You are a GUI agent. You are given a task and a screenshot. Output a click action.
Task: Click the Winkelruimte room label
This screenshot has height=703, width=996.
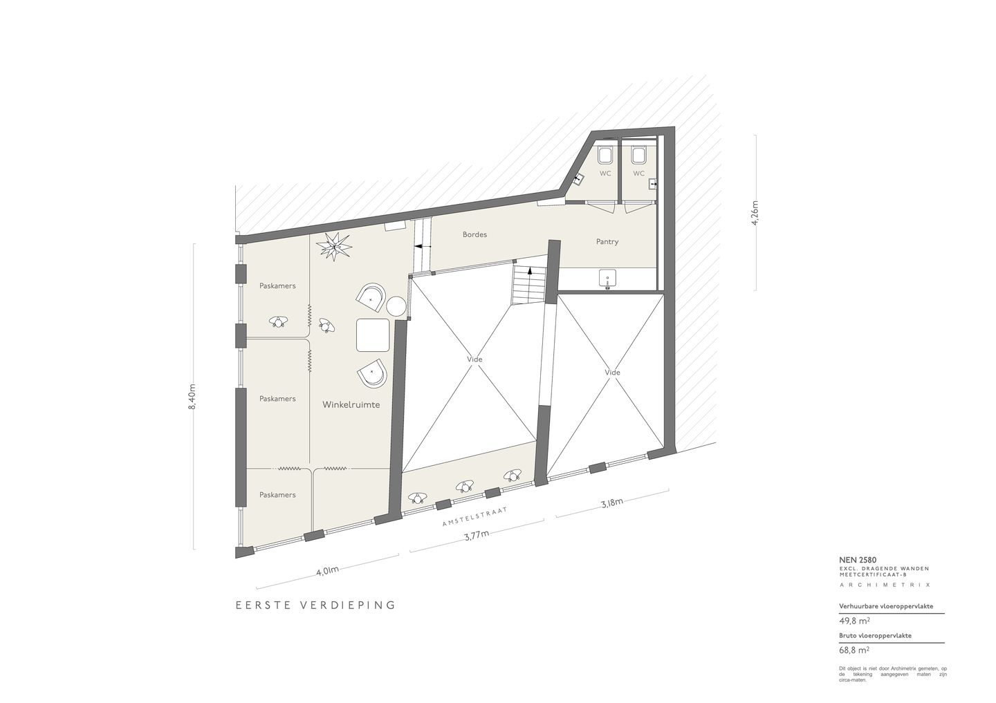[351, 405]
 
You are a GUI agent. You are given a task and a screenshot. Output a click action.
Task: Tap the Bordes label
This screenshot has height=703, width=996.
[474, 234]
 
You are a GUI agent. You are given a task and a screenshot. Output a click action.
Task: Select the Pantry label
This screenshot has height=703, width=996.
[607, 242]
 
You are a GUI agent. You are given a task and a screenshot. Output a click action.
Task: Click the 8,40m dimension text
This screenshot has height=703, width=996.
[192, 397]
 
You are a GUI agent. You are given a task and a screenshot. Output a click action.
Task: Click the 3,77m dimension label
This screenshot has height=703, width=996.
[475, 536]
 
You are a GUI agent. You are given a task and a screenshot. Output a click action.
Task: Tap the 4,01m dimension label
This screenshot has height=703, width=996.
[326, 571]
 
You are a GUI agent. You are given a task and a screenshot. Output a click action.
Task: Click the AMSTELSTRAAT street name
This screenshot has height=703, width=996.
[475, 518]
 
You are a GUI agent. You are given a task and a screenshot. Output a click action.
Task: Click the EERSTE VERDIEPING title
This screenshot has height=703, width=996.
[315, 605]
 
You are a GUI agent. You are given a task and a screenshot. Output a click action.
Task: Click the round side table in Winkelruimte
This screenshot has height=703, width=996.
[396, 306]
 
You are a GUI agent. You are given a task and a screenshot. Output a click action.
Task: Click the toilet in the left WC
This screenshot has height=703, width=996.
[605, 154]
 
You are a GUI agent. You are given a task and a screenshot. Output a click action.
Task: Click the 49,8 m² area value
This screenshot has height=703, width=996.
[853, 621]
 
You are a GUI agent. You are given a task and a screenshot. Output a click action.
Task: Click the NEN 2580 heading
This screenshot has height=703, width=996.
[858, 560]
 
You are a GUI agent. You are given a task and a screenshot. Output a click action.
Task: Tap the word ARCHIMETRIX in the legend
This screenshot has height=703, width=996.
[885, 585]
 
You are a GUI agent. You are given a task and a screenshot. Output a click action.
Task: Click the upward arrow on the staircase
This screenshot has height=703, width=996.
[531, 273]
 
